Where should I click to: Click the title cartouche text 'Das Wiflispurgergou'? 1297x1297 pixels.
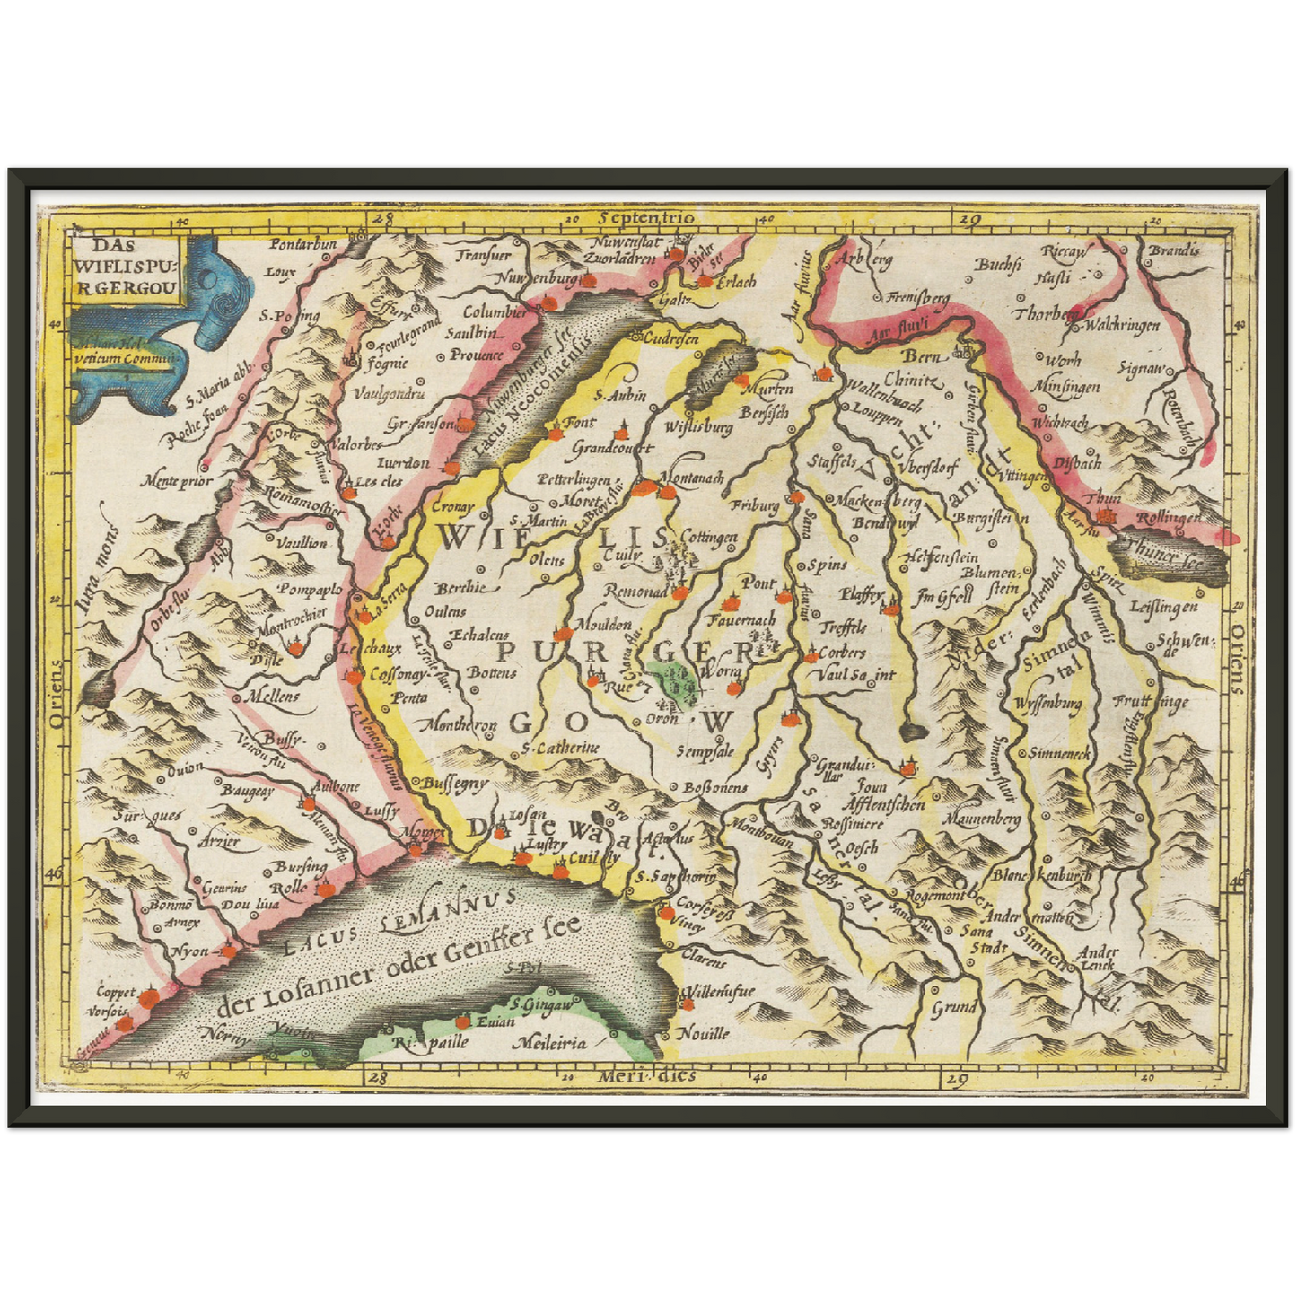coord(127,266)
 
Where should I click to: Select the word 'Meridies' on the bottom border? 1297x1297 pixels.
coord(651,1075)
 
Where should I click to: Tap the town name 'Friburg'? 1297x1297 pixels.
coord(755,506)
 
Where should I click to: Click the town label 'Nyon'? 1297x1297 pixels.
coord(189,951)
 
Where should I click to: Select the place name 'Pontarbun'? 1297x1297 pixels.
coord(303,244)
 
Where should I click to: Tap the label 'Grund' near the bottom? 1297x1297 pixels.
coord(953,1007)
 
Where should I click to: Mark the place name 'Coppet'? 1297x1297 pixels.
coord(117,993)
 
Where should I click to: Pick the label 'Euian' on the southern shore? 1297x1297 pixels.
coord(495,1021)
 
